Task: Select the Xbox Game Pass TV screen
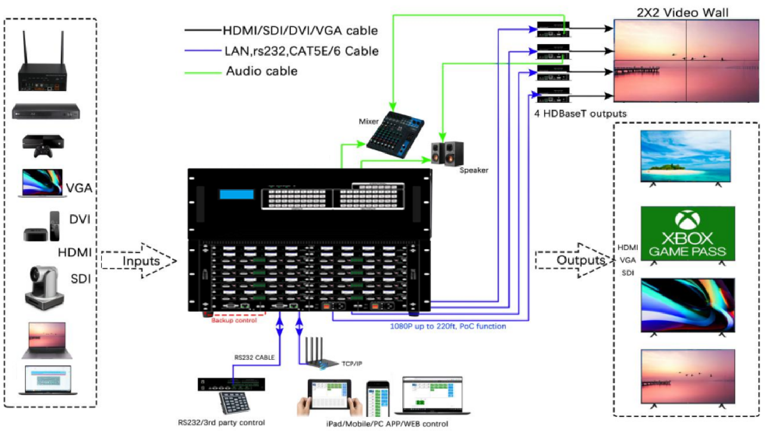688,234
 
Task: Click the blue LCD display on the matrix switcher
236,194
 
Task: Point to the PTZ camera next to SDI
43,287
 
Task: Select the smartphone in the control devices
377,399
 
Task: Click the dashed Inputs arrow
139,261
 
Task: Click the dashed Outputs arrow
576,260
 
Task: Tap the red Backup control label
234,320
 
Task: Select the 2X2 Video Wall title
683,13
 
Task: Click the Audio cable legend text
262,71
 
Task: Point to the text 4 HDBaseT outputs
580,114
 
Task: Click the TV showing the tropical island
685,156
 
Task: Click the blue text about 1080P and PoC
448,326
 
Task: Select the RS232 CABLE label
254,357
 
